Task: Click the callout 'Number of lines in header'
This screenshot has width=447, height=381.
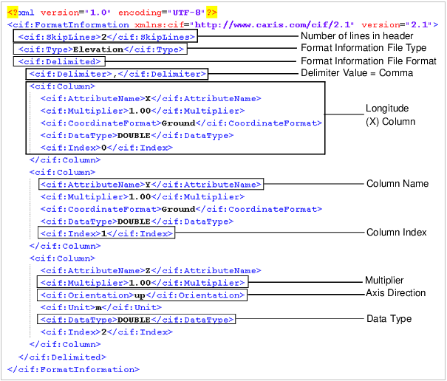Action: (357, 36)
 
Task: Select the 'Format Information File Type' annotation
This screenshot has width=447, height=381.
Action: (364, 48)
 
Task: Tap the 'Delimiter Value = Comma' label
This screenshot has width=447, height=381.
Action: (357, 72)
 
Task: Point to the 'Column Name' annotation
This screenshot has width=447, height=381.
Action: (397, 183)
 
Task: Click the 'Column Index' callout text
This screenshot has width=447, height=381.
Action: (397, 232)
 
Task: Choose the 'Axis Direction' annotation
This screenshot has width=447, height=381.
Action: (395, 293)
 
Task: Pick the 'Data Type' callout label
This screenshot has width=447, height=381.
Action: (389, 318)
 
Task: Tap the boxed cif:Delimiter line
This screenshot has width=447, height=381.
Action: (117, 73)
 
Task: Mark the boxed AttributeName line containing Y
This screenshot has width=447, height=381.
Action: (149, 184)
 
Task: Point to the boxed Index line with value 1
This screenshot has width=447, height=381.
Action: (106, 233)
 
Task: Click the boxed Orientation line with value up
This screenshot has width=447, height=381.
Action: (151, 295)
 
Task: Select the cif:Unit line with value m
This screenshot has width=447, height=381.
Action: (100, 307)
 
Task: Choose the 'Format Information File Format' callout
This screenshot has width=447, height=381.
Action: (368, 61)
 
